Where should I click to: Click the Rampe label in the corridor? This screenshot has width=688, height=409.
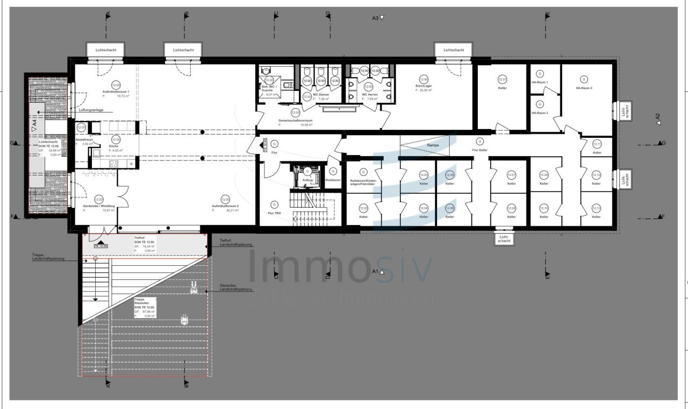coord(433,145)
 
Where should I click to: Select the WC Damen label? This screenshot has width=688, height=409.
coord(320,95)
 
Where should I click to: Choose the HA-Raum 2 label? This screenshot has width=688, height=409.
coord(584,88)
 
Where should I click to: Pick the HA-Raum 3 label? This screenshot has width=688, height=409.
coord(540,113)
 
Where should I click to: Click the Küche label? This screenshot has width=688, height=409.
coord(114,146)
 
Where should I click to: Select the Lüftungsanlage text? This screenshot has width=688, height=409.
coord(91,109)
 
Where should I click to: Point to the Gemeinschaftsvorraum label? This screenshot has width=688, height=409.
coord(295,121)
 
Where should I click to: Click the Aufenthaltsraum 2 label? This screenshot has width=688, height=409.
coord(225,206)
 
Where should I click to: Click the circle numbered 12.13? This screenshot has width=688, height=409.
coord(596,208)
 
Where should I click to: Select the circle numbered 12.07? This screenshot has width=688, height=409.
coord(511,175)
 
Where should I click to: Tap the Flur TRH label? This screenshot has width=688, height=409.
coord(274,213)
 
